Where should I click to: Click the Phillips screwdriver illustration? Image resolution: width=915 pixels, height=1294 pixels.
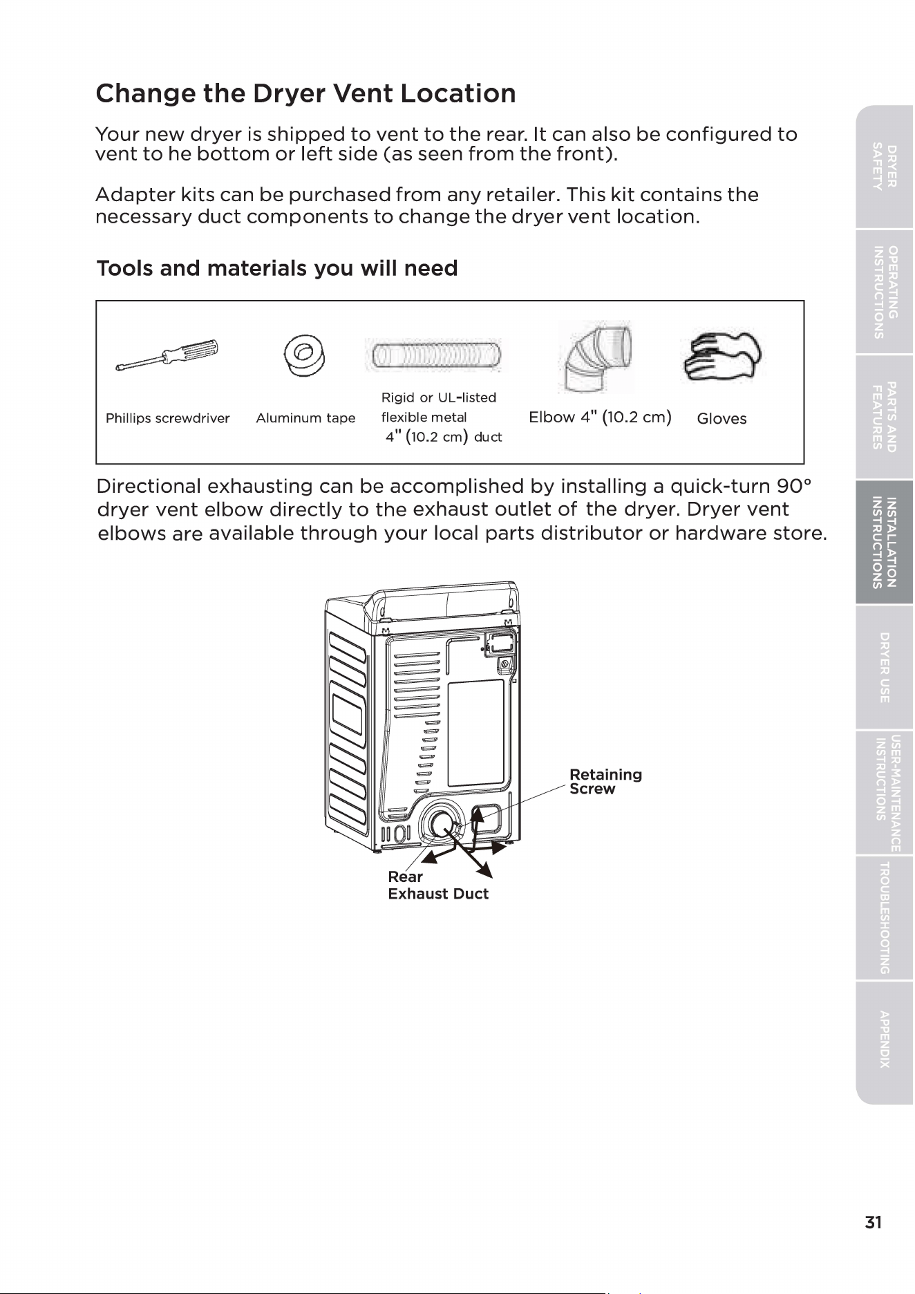pos(167,355)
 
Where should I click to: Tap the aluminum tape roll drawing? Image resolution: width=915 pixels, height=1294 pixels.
pos(305,356)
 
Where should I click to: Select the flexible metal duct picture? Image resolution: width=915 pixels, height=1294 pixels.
pos(436,355)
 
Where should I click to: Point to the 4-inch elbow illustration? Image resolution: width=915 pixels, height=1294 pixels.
pos(596,355)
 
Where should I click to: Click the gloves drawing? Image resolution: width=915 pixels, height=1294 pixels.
pos(721,357)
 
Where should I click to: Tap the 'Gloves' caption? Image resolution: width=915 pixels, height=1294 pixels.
pos(721,418)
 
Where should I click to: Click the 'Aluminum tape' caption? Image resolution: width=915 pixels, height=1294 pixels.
pos(305,418)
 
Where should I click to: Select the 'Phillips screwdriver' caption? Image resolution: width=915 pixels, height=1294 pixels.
pos(167,418)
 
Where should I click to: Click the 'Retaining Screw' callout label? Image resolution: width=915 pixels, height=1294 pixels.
pos(605,782)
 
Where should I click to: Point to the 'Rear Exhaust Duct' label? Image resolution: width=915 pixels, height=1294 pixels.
pos(438,885)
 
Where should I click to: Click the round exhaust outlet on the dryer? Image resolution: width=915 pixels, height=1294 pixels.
pos(440,823)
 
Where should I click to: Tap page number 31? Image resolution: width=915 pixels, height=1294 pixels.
pos(873,1222)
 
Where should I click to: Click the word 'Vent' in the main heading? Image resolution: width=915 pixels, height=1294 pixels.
pos(363,93)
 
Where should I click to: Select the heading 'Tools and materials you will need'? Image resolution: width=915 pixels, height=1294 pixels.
pos(277,268)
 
